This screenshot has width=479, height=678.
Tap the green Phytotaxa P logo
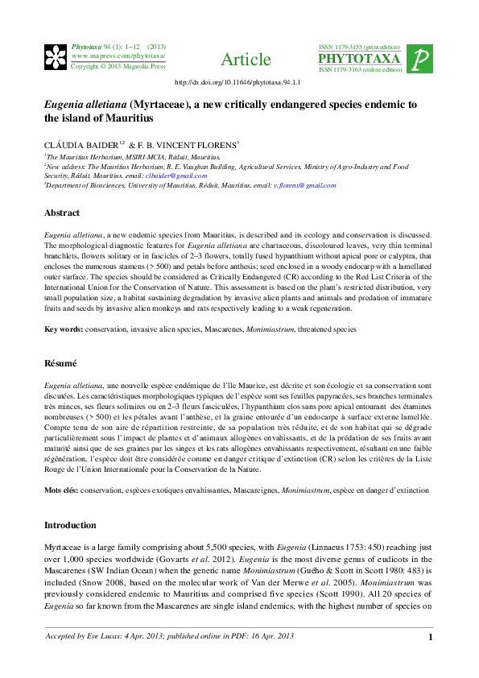pos(419,59)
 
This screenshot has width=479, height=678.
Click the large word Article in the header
pos(246,60)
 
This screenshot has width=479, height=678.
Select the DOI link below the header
pos(237,82)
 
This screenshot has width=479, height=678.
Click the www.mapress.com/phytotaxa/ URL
pos(118,56)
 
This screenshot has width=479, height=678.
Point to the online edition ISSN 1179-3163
pos(360,70)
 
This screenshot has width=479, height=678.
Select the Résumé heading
pos(60,363)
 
